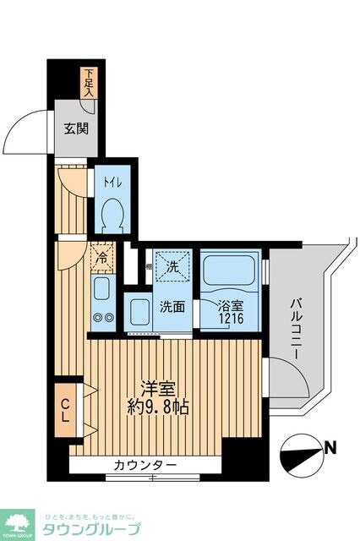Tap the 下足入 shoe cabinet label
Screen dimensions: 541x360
click(89, 83)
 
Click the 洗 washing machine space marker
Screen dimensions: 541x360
click(171, 265)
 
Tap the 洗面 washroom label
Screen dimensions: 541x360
click(173, 306)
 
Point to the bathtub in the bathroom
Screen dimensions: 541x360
click(229, 270)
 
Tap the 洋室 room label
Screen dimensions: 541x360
click(159, 390)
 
